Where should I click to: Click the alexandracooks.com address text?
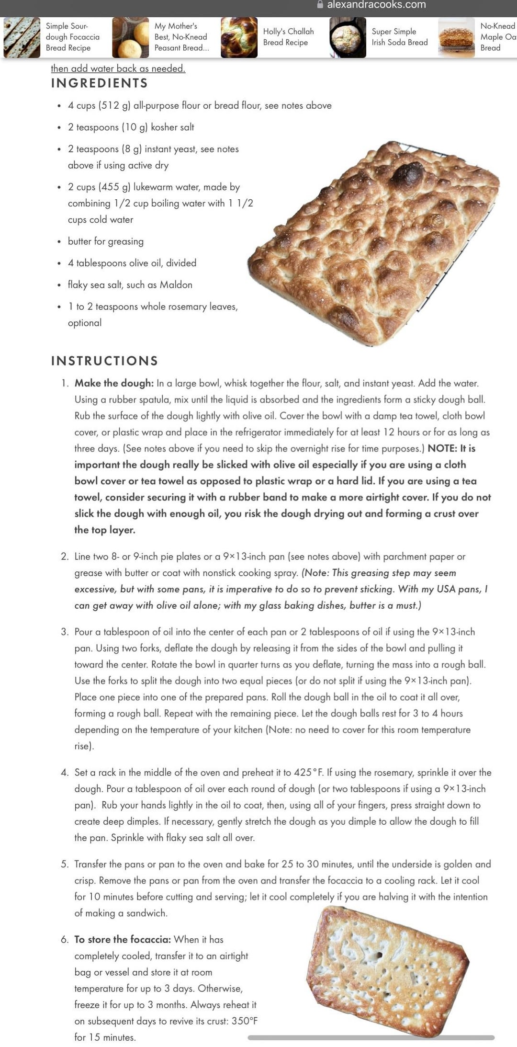pos(376,5)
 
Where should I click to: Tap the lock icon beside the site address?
pos(320,4)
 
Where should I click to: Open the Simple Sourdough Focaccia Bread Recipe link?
pos(72,37)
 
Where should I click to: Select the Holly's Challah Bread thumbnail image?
pos(239,37)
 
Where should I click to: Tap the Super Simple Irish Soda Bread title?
pos(399,37)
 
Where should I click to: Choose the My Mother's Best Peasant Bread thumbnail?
pos(130,37)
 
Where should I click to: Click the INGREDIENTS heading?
pos(100,83)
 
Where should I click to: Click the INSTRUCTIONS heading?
pos(104,361)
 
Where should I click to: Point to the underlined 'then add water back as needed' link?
pos(118,68)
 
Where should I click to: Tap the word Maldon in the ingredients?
pos(176,285)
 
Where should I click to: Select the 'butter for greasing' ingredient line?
pos(106,241)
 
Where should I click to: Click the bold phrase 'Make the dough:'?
pos(114,383)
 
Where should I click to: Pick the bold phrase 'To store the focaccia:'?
pos(123,940)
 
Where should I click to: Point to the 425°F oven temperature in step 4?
pos(309,773)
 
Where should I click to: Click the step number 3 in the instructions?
pos(65,632)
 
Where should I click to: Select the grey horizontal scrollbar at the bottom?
pos(371,1038)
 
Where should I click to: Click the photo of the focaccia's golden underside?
pos(387,972)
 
